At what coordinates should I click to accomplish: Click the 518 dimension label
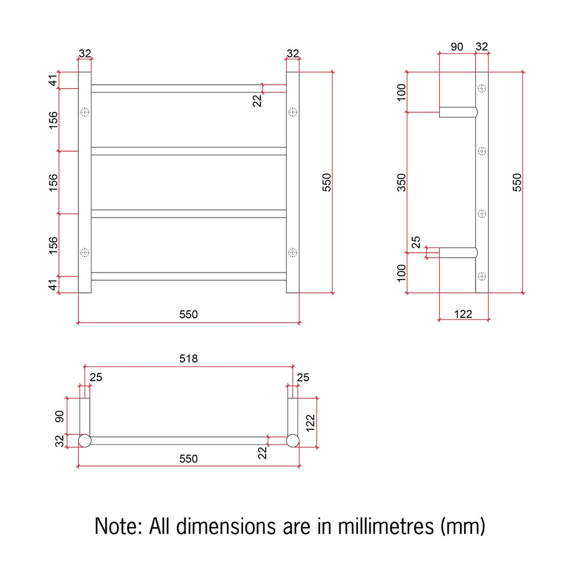point(188,358)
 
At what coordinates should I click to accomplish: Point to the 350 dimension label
point(401,182)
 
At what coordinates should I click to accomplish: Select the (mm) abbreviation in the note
point(463,527)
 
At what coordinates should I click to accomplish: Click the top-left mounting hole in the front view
point(85,112)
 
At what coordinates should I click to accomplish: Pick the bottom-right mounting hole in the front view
point(292,252)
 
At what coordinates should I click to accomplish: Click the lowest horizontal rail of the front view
point(188,276)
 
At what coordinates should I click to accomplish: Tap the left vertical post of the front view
point(85,182)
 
